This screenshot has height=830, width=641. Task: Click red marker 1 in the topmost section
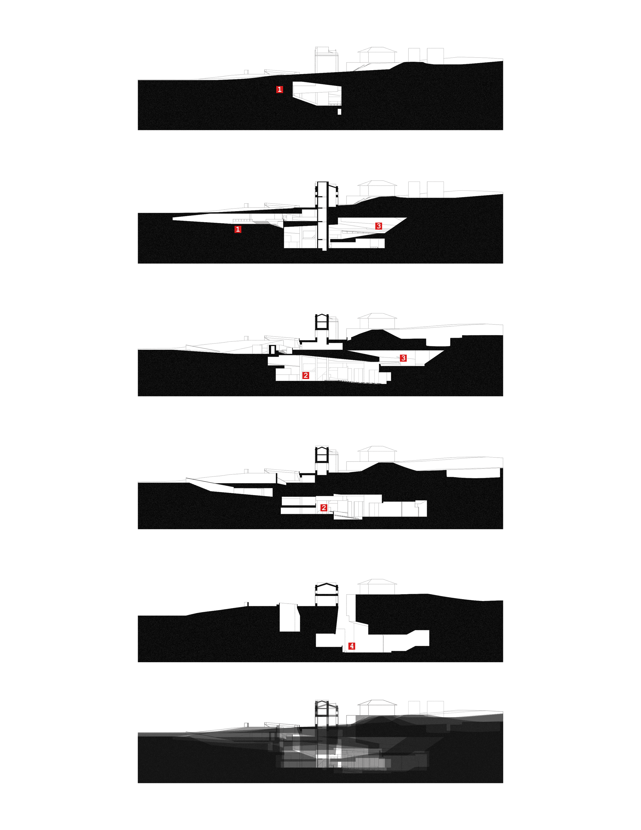point(280,90)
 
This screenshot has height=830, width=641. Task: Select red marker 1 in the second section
point(238,229)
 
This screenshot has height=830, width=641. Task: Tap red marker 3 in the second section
point(379,226)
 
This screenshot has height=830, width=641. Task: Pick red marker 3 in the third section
point(403,358)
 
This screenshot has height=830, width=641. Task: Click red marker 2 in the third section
point(306,376)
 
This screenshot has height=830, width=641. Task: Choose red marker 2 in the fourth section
point(324,508)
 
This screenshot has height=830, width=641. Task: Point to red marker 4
point(352,646)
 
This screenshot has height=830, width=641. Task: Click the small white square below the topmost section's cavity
point(339,112)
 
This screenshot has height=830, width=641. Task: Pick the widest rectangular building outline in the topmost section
point(435,56)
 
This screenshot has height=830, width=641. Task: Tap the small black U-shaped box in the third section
point(272,350)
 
